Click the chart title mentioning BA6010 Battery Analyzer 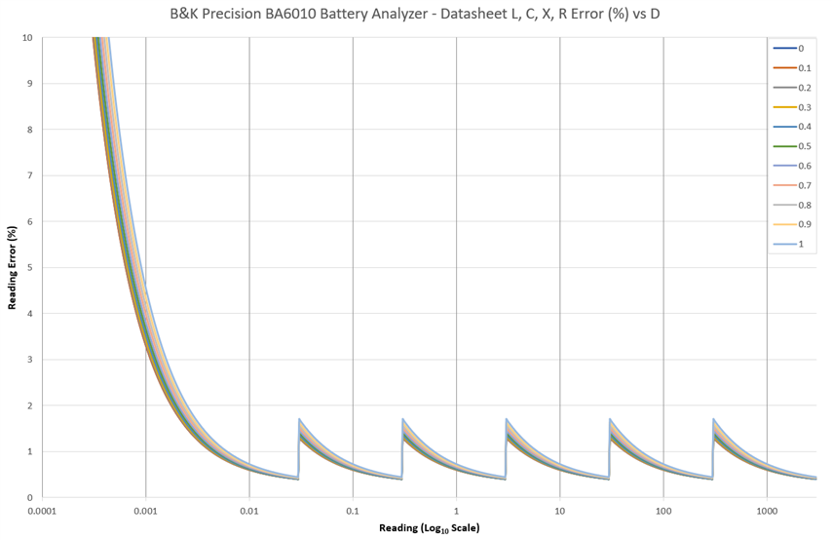tap(416, 15)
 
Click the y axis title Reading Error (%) tap(13, 267)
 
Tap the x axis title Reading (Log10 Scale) tap(430, 528)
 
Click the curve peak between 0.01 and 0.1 tap(299, 419)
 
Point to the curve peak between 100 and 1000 tap(714, 419)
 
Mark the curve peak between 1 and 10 tap(507, 419)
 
